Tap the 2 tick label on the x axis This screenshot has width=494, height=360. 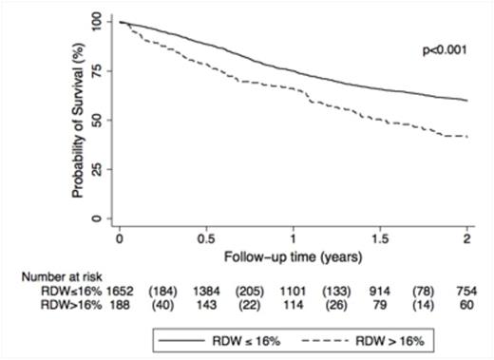[468, 236]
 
